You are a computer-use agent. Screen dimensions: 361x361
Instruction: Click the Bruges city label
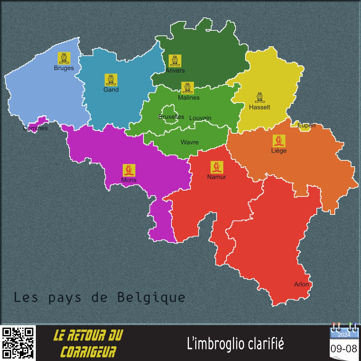pyautogui.click(x=64, y=68)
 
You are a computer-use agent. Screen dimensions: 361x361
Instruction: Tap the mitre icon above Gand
pyautogui.click(x=111, y=80)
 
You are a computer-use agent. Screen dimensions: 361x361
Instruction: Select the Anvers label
pyautogui.click(x=175, y=70)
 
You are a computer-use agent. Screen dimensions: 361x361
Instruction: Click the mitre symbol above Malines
pyautogui.click(x=188, y=88)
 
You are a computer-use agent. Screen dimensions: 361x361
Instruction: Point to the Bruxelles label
pyautogui.click(x=171, y=117)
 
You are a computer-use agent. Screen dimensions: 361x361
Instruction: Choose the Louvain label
pyautogui.click(x=200, y=118)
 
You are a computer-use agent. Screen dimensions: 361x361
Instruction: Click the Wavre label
pyautogui.click(x=190, y=142)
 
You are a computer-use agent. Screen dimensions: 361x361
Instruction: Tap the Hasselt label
pyautogui.click(x=260, y=107)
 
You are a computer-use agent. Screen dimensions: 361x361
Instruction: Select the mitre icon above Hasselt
pyautogui.click(x=260, y=97)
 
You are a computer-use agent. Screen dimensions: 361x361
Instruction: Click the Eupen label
pyautogui.click(x=306, y=125)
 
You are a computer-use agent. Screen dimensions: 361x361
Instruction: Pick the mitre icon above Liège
pyautogui.click(x=279, y=141)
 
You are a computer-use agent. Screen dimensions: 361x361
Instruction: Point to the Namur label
pyautogui.click(x=217, y=177)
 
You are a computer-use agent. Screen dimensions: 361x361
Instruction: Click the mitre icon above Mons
pyautogui.click(x=129, y=170)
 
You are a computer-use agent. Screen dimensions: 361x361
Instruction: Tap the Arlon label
pyautogui.click(x=301, y=284)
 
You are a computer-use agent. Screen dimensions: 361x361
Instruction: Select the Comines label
pyautogui.click(x=35, y=128)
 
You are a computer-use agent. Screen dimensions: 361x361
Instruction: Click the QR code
pyautogui.click(x=18, y=343)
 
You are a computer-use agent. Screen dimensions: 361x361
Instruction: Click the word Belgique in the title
pyautogui.click(x=151, y=298)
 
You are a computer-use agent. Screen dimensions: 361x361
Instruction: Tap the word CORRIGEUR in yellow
pyautogui.click(x=88, y=351)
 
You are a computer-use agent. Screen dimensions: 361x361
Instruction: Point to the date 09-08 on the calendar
pyautogui.click(x=344, y=349)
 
